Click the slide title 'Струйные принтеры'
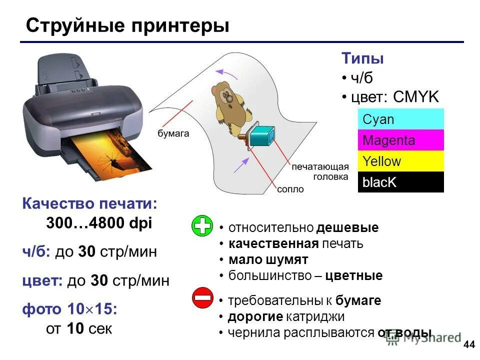point(127,25)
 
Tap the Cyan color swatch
point(400,119)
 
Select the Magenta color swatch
point(400,140)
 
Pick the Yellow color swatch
point(400,161)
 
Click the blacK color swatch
point(400,182)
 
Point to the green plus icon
point(202,226)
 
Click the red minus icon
point(202,298)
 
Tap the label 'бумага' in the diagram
point(173,133)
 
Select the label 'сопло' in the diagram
point(290,189)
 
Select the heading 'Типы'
point(363,58)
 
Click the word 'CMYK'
point(416,97)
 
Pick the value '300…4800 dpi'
point(99,223)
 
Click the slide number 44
point(469,344)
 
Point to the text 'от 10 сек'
point(79,329)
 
